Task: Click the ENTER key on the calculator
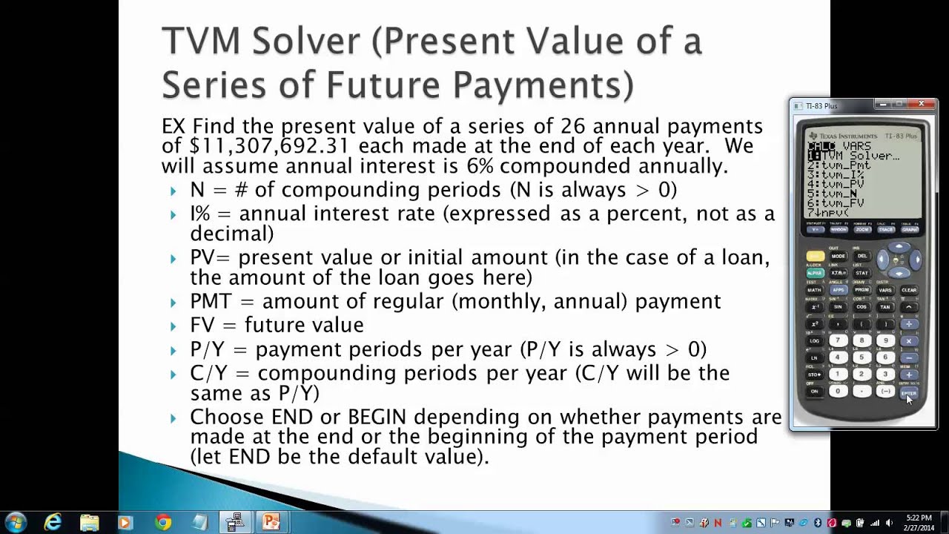909,392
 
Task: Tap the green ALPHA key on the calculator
815,273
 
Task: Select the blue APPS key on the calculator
838,290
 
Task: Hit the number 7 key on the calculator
838,341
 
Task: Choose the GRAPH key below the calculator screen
909,230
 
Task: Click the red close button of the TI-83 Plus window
921,105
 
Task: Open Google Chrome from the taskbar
163,522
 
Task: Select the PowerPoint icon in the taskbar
271,522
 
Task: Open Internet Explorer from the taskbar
53,522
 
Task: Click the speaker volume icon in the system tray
887,523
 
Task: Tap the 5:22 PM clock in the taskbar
919,518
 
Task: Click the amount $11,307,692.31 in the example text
270,146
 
